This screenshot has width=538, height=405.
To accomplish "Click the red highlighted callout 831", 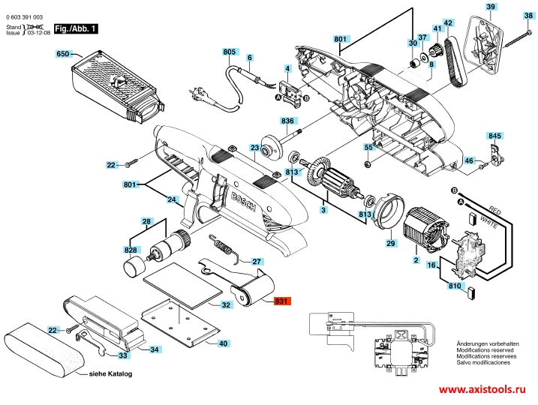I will point(281,301).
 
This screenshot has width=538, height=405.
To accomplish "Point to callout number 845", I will point(494,136).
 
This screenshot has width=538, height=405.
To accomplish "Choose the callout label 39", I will point(491,7).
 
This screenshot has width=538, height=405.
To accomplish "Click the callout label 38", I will point(528,16).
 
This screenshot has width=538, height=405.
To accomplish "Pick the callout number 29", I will point(390,244).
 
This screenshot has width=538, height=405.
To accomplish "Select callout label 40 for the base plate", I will point(223,343).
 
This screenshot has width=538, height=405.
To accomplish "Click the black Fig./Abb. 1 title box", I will point(77,28).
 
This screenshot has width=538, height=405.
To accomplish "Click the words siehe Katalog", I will point(110,374).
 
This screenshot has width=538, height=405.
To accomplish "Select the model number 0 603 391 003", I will point(24,16).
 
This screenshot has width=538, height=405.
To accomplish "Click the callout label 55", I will point(368,147).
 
